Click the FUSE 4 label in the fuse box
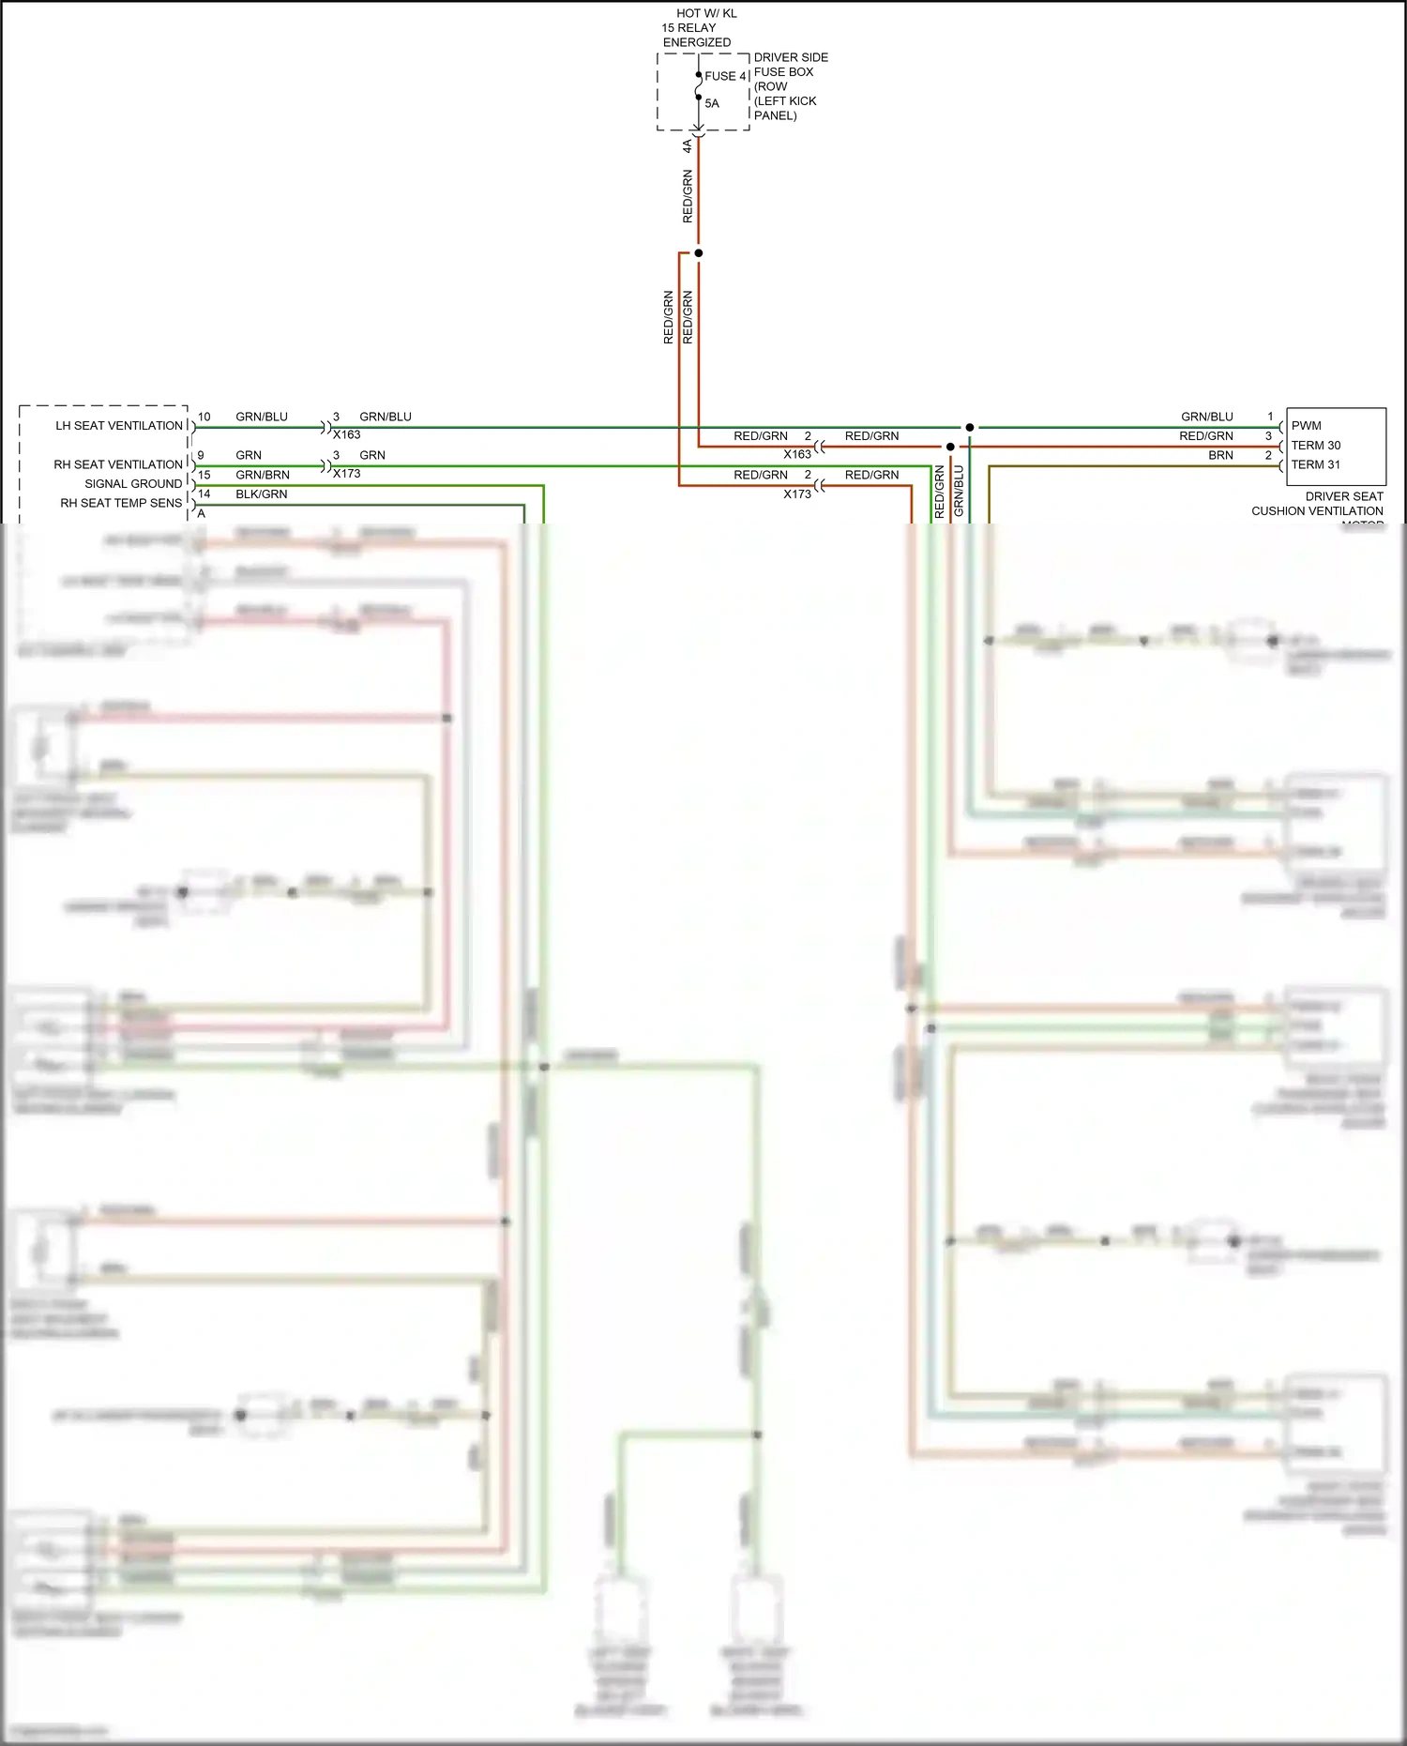tap(725, 76)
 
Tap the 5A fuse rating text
tap(712, 103)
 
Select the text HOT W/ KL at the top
tap(706, 13)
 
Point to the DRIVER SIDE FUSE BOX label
tap(790, 65)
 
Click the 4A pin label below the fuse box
tap(687, 146)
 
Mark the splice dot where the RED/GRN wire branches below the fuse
tap(698, 253)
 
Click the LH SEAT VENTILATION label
tap(119, 426)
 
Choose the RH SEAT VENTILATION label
tap(118, 464)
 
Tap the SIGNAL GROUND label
tap(133, 484)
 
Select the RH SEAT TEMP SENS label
tap(121, 503)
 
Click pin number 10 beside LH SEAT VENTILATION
tap(204, 417)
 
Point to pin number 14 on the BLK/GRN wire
tap(204, 493)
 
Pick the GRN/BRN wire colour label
tap(263, 475)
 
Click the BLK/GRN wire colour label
tap(262, 493)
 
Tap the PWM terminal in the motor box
tap(1306, 426)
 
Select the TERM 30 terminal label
tap(1315, 446)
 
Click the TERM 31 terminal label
tap(1315, 464)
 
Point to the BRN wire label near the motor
tap(1220, 455)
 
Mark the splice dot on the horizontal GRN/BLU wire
tap(970, 428)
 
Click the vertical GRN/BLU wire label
tap(959, 491)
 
